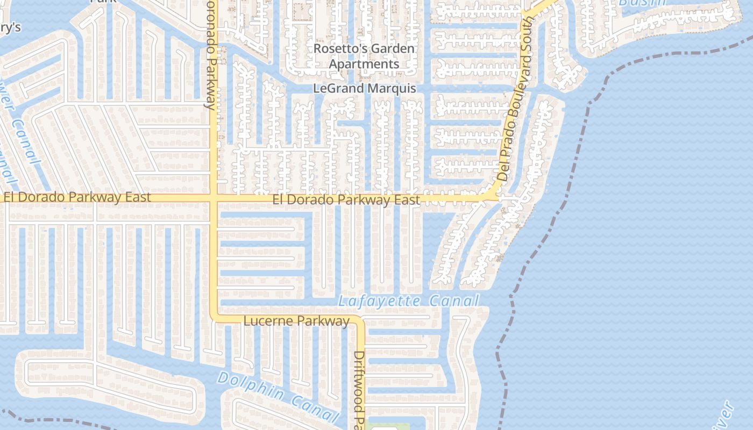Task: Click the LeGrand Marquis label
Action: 365,88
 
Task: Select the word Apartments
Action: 364,64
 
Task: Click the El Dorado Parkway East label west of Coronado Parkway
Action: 77,197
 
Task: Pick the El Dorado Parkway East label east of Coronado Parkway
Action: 346,200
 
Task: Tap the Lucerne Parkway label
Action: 296,321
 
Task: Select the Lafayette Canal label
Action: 408,302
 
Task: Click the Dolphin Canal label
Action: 279,396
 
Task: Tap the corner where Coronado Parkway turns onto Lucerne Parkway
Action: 215,318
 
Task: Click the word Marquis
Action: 390,88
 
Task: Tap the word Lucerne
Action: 269,321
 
